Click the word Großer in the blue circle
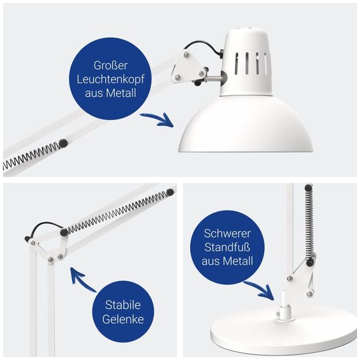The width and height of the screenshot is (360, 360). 111,65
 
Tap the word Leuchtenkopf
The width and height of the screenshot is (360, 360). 111,80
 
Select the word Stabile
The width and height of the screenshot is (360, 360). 124,305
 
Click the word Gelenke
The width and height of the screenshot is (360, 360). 124,320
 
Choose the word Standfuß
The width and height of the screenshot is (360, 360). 227,246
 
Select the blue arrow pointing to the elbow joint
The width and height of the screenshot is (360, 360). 81,281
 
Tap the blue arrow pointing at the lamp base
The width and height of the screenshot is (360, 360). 259,291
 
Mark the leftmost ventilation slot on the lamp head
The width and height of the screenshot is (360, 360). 236,64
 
